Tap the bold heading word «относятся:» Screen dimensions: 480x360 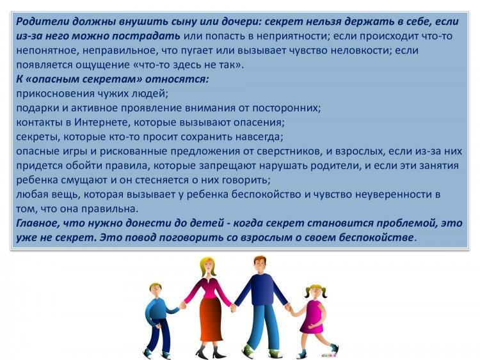177,79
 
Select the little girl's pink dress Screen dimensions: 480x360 313,317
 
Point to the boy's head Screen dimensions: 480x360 156,290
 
